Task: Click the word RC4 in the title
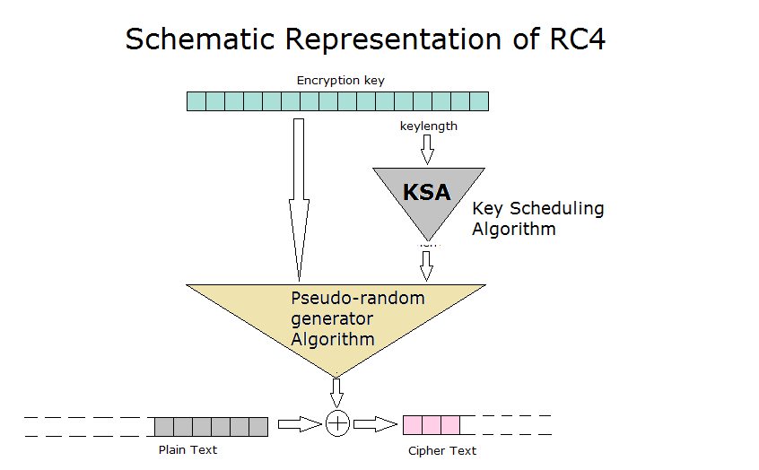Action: pyautogui.click(x=574, y=39)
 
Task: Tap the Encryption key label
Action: pyautogui.click(x=341, y=81)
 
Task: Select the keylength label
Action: pyautogui.click(x=428, y=126)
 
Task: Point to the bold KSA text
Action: pyautogui.click(x=427, y=192)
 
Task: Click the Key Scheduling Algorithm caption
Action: pyautogui.click(x=537, y=218)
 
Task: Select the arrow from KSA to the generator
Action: pyautogui.click(x=427, y=265)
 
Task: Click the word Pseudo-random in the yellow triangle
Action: pyautogui.click(x=357, y=298)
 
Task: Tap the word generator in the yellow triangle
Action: pyautogui.click(x=332, y=318)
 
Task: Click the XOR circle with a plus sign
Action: pyautogui.click(x=337, y=424)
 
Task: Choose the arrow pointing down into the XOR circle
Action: pyautogui.click(x=337, y=391)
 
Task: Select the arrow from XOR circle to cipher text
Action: pyautogui.click(x=375, y=424)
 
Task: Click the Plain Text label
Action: pyautogui.click(x=188, y=449)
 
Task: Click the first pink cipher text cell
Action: pyautogui.click(x=413, y=425)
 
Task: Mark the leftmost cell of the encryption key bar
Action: pyautogui.click(x=196, y=101)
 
